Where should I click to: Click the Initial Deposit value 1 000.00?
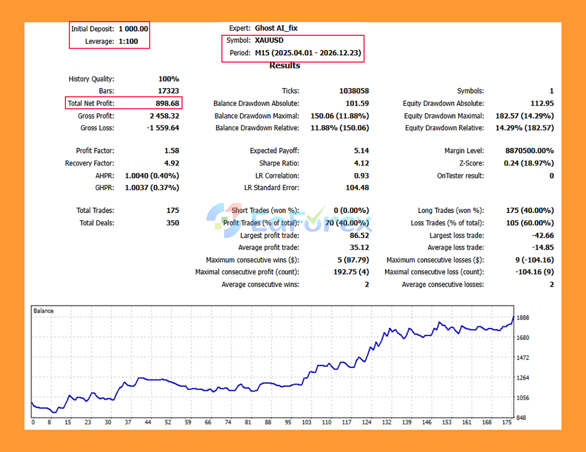[x=133, y=29]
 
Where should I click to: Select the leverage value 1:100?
[x=128, y=41]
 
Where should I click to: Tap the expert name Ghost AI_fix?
[x=276, y=28]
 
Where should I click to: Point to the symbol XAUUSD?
[x=269, y=40]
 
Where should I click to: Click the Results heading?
[x=285, y=65]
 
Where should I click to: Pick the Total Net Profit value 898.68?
[x=167, y=103]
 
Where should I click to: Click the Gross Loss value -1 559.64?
[x=163, y=128]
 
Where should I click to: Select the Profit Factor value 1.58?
[x=172, y=151]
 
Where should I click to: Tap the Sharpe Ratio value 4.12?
[x=361, y=163]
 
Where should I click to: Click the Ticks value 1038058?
[x=354, y=91]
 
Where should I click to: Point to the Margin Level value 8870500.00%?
[x=529, y=151]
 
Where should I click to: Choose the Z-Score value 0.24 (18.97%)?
[x=529, y=163]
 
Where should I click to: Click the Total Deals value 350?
[x=173, y=223]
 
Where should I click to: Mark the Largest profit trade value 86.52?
[x=359, y=235]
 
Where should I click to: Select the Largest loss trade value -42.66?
[x=543, y=235]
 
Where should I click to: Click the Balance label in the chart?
[x=43, y=311]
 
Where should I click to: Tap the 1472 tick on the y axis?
[x=523, y=358]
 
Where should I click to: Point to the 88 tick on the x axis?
[x=268, y=422]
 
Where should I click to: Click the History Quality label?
[x=91, y=79]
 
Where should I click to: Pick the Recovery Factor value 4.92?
[x=172, y=163]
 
